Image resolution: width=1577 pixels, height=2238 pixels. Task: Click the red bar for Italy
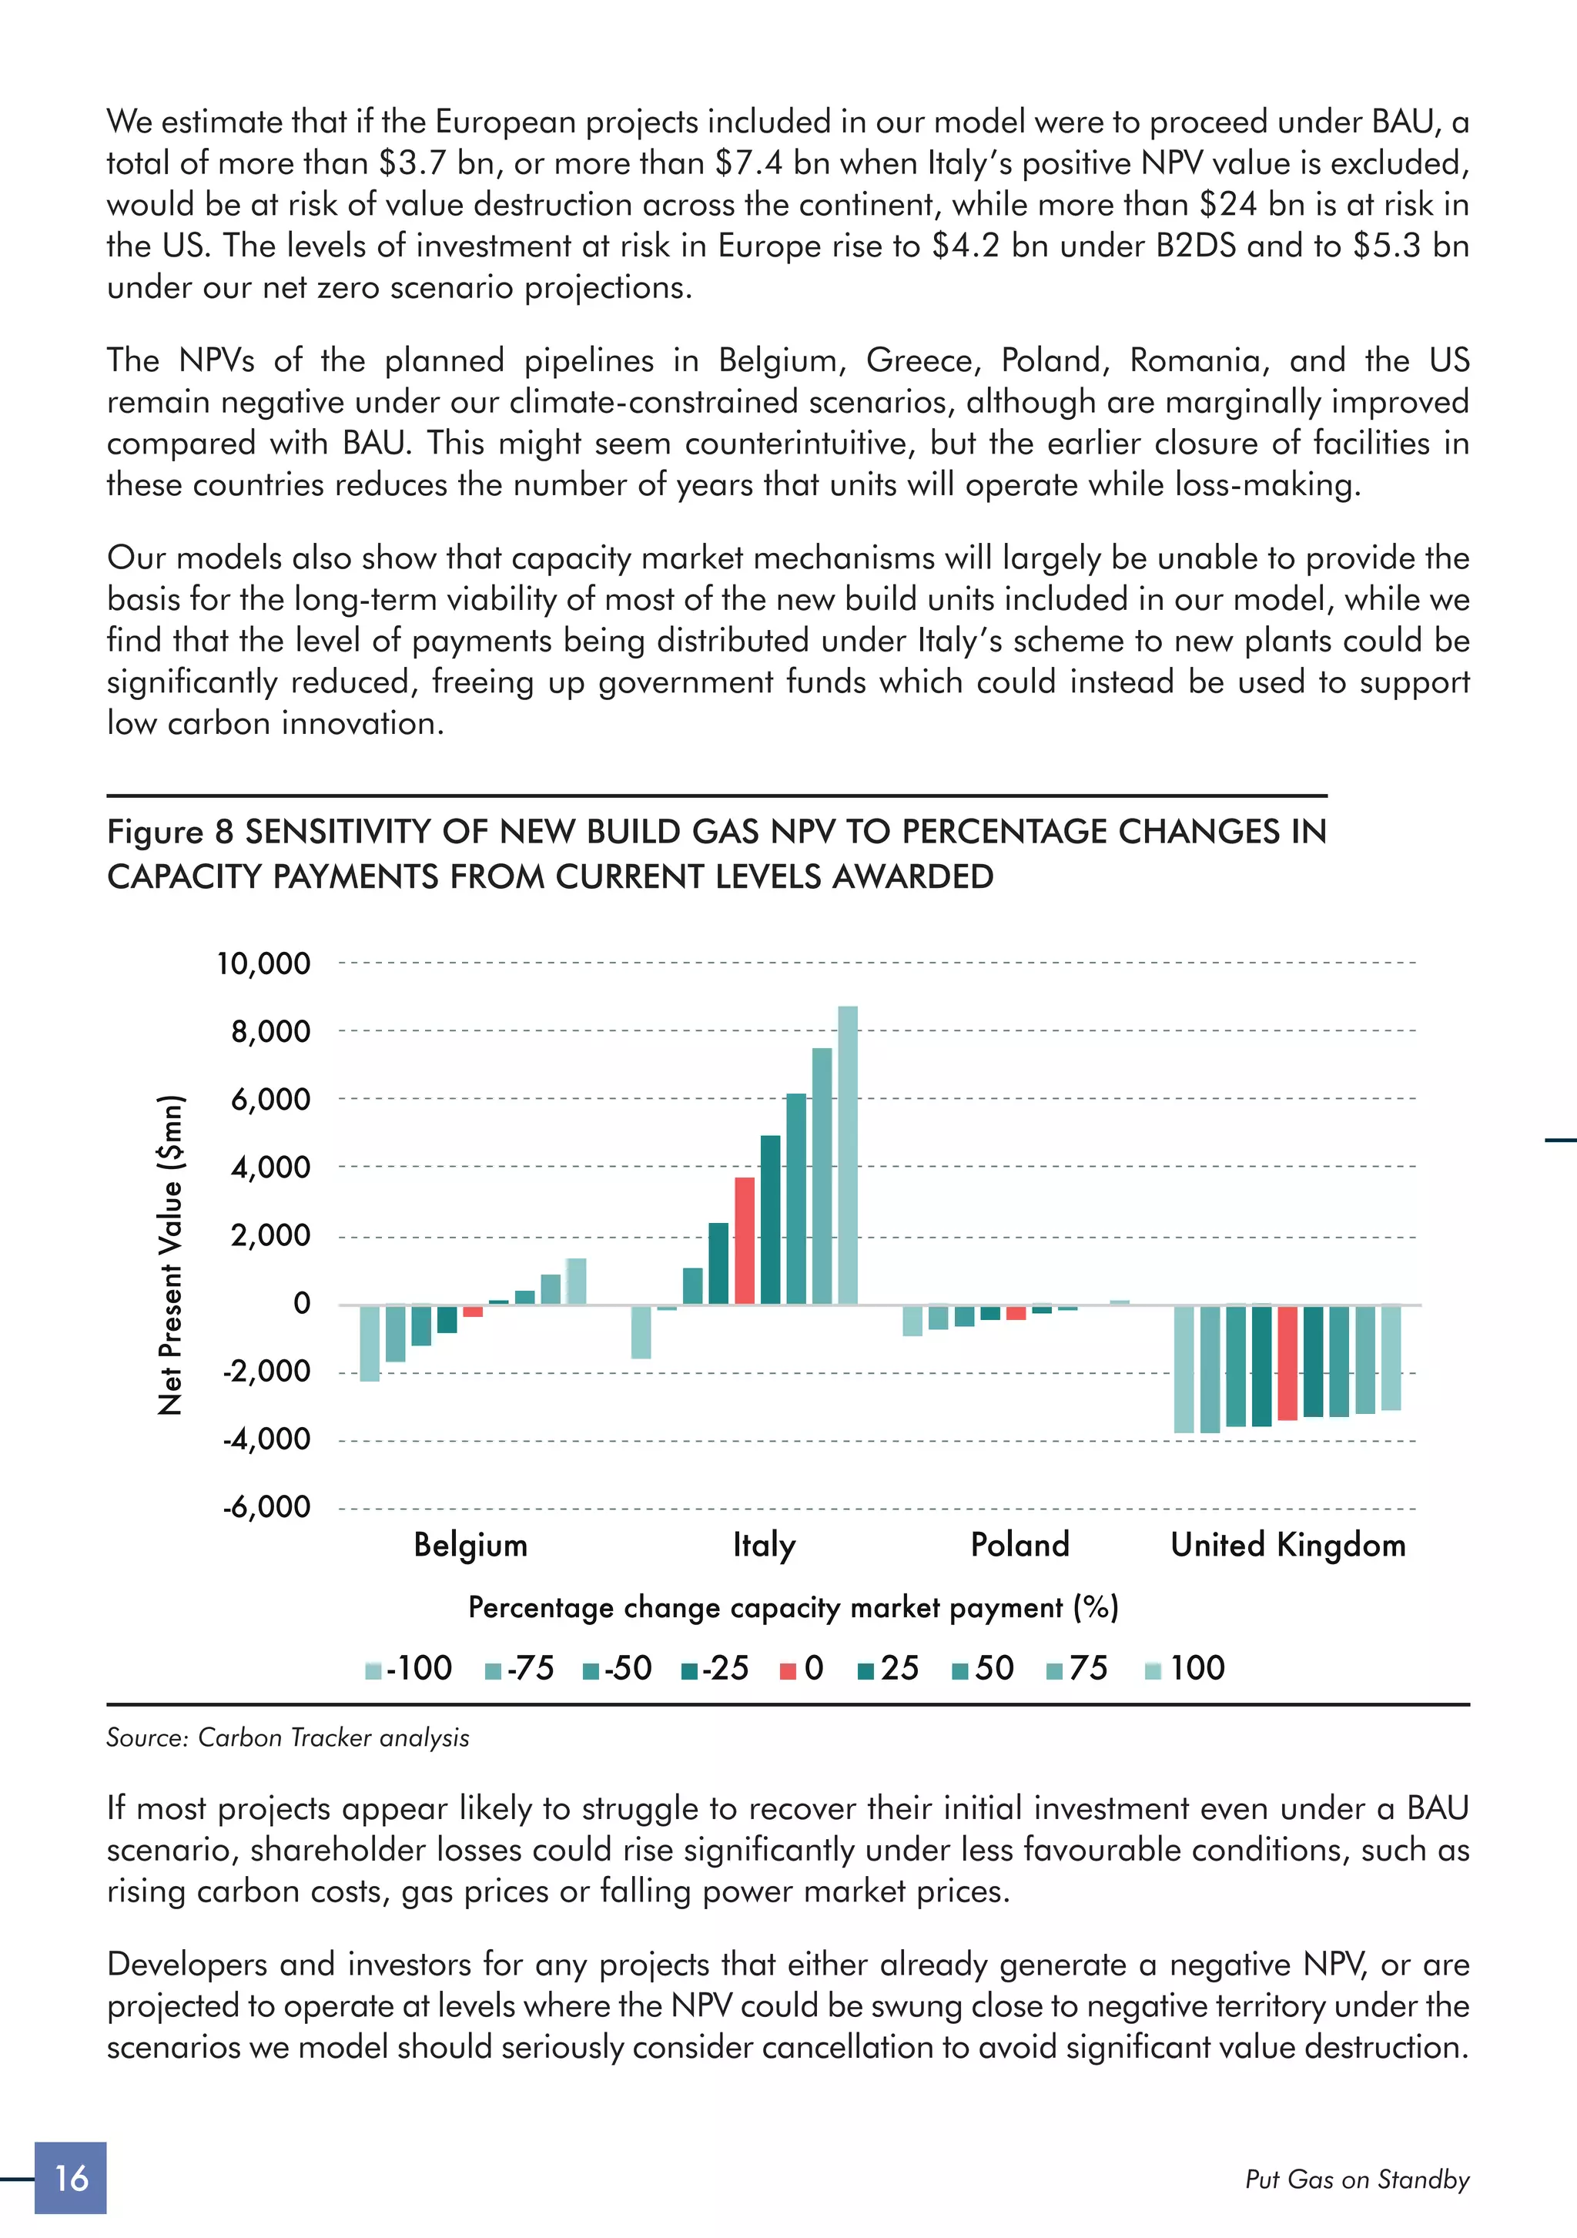pyautogui.click(x=744, y=1240)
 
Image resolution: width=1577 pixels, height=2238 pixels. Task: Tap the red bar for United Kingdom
pyautogui.click(x=1287, y=1362)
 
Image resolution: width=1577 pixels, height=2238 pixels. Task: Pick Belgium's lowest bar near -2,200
pyautogui.click(x=370, y=1343)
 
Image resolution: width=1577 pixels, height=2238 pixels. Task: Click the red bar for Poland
pyautogui.click(x=1016, y=1312)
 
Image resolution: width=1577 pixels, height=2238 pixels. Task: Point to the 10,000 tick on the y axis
pyautogui.click(x=263, y=964)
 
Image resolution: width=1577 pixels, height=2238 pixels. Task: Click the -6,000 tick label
pyautogui.click(x=266, y=1507)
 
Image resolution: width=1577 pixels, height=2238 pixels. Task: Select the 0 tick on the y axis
pyautogui.click(x=301, y=1303)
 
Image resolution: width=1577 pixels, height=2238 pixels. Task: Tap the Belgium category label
pyautogui.click(x=470, y=1545)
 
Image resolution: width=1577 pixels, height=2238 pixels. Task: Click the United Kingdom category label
pyautogui.click(x=1287, y=1545)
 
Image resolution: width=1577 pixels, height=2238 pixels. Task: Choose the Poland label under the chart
pyautogui.click(x=1020, y=1545)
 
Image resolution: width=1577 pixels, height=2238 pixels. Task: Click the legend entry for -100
pyautogui.click(x=410, y=1668)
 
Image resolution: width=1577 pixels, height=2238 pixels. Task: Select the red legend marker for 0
pyautogui.click(x=788, y=1670)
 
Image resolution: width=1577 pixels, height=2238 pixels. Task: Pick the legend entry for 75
pyautogui.click(x=1077, y=1668)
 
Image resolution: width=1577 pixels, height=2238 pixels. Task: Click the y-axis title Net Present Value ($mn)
pyautogui.click(x=171, y=1255)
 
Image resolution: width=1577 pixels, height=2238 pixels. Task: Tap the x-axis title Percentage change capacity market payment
pyautogui.click(x=792, y=1607)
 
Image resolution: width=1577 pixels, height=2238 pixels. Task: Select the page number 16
pyautogui.click(x=70, y=2178)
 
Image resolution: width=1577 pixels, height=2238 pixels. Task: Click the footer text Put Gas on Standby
pyautogui.click(x=1357, y=2179)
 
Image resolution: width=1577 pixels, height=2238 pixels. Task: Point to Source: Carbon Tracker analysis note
pyautogui.click(x=287, y=1738)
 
